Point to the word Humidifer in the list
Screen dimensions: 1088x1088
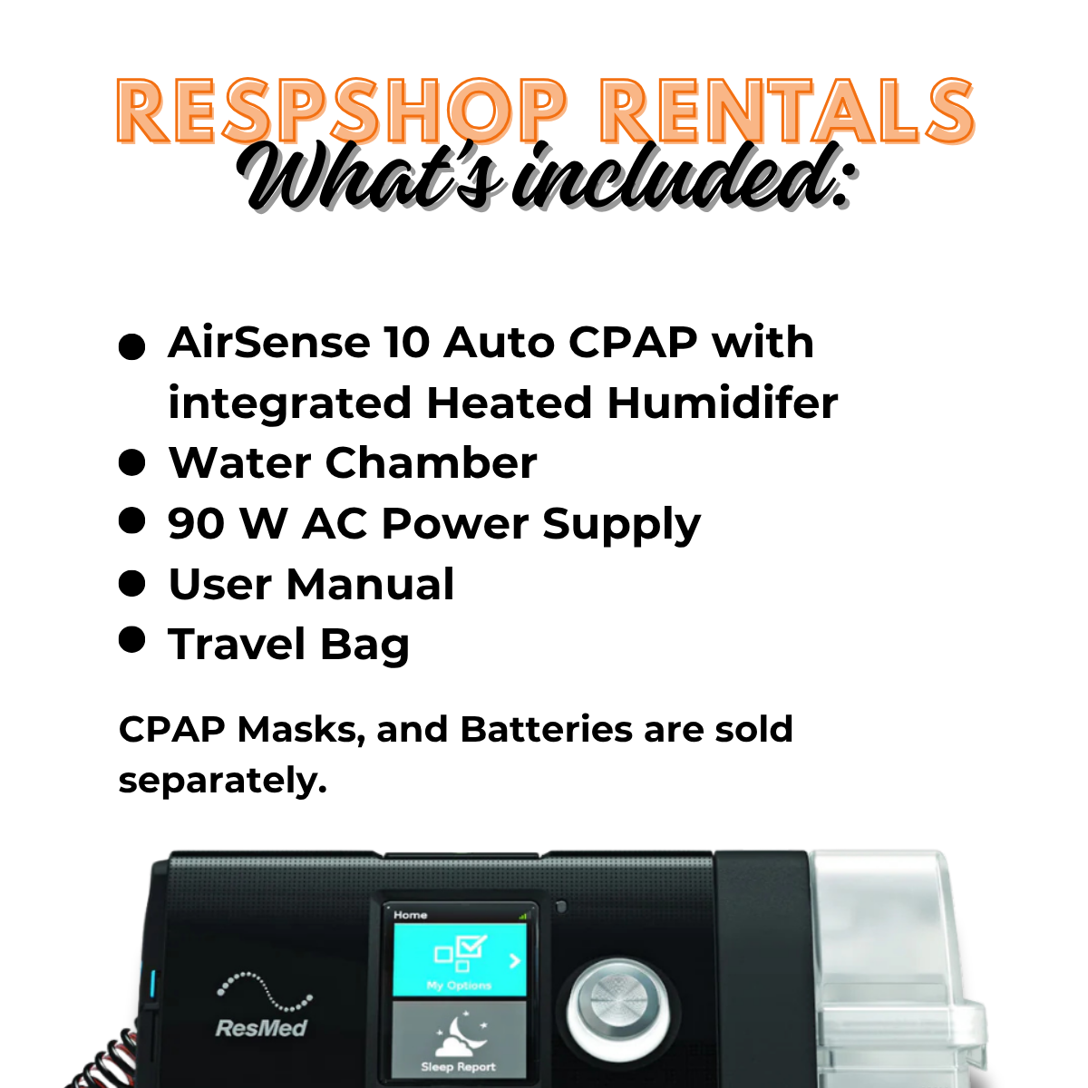(x=722, y=403)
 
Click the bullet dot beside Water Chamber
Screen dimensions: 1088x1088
(x=132, y=462)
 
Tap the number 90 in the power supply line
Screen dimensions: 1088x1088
(x=195, y=523)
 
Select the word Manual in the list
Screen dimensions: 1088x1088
(x=371, y=584)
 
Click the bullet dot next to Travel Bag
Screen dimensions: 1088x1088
(x=132, y=640)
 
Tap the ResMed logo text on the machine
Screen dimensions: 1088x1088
(x=261, y=1027)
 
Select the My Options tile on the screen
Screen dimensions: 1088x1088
(x=460, y=960)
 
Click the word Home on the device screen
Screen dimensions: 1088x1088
(x=411, y=915)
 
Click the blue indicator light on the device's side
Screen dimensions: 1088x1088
(x=152, y=986)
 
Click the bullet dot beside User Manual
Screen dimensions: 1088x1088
(x=132, y=583)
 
